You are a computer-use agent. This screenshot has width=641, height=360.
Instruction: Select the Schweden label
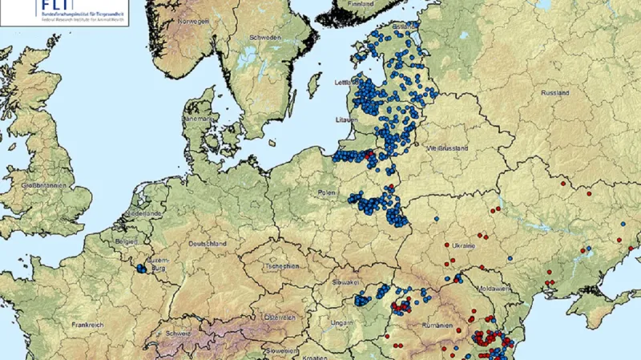tap(265, 38)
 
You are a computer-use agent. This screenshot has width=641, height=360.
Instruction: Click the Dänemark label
tap(200, 118)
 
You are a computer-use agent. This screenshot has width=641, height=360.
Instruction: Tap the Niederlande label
tap(143, 215)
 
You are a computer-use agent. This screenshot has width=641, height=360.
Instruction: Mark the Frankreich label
tap(88, 326)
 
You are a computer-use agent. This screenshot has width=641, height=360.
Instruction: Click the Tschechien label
tap(282, 266)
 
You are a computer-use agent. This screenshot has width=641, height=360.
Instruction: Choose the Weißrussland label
tap(447, 148)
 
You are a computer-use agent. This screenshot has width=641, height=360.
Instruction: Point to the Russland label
tap(555, 93)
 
